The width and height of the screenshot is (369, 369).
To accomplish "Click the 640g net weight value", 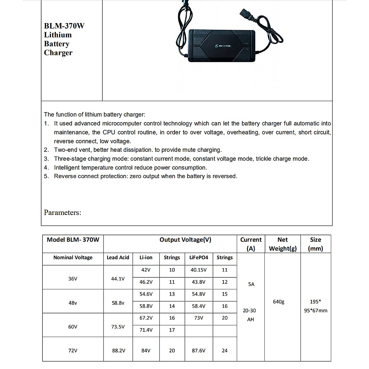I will click(x=279, y=302).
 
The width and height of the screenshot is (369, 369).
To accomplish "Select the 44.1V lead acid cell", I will click(x=118, y=279).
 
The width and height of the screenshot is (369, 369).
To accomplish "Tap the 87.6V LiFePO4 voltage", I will click(x=198, y=351).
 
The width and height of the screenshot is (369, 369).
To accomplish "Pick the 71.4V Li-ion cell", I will click(x=146, y=330).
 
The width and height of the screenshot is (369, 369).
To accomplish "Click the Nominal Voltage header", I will click(x=73, y=258).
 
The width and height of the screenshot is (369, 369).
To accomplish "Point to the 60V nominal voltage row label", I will click(x=73, y=327).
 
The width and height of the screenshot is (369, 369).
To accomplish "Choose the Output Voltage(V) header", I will click(x=185, y=240).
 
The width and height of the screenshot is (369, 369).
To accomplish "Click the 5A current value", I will click(x=251, y=284).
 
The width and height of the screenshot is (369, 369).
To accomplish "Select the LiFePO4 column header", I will click(x=198, y=258).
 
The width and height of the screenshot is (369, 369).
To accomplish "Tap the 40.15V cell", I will click(x=198, y=270).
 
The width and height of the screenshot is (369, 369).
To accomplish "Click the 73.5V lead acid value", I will click(x=118, y=327).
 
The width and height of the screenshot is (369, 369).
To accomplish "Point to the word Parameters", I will click(x=62, y=212).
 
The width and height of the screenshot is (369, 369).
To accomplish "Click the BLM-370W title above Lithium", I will click(x=64, y=26).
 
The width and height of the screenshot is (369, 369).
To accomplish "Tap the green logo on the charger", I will click(x=216, y=46).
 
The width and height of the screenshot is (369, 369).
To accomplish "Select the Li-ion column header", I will click(x=146, y=258).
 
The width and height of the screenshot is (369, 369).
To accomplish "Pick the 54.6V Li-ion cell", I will click(x=146, y=294).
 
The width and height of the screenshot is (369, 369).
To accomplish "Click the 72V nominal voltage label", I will click(x=73, y=351).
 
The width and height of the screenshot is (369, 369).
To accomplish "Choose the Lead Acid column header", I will click(x=118, y=258).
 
